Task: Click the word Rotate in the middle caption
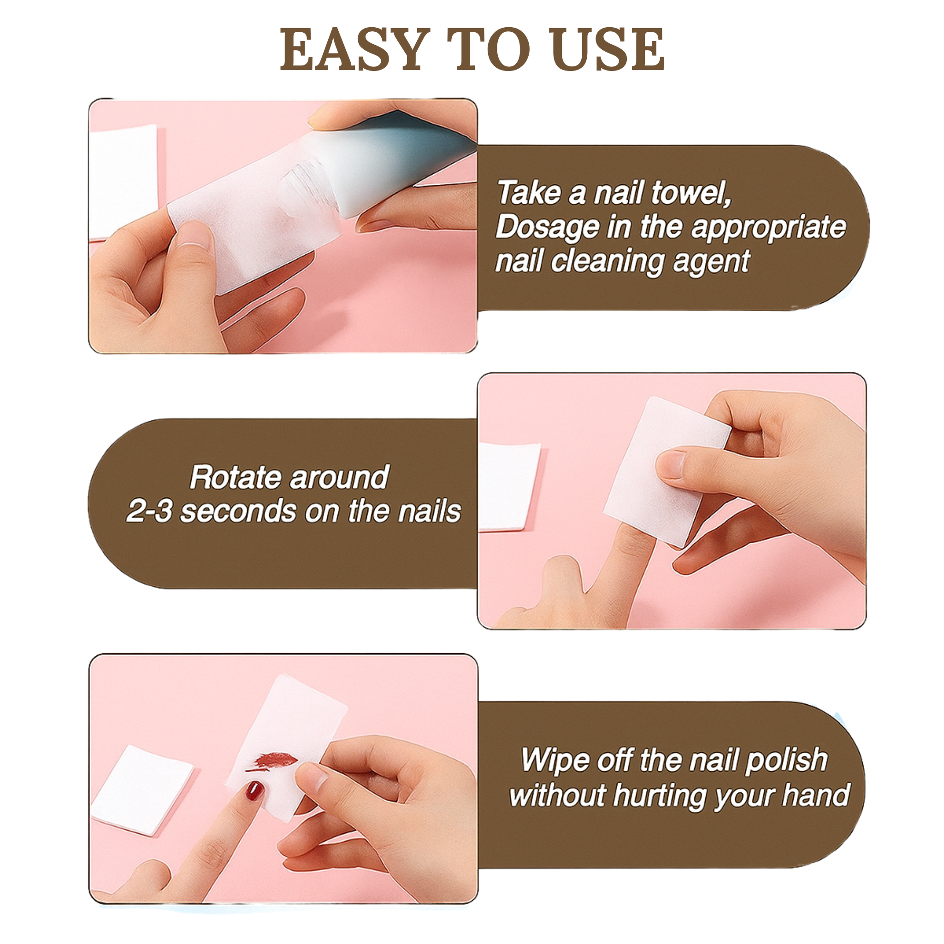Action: (236, 477)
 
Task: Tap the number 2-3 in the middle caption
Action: (148, 512)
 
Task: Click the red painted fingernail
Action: (254, 790)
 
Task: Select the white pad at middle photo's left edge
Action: (508, 486)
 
